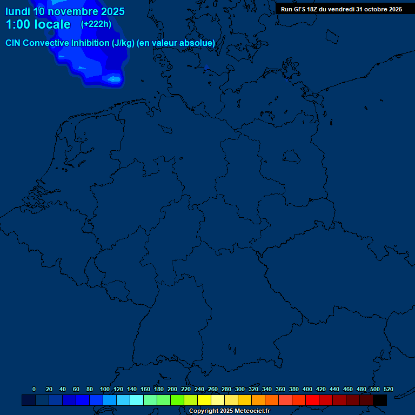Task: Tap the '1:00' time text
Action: point(19,25)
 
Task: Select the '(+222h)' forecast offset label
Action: point(96,24)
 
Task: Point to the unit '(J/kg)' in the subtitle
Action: point(123,43)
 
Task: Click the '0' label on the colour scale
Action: point(34,389)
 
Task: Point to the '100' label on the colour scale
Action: point(105,389)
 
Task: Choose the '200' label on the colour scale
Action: point(172,389)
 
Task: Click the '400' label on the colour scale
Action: point(307,389)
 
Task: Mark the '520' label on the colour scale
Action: point(388,389)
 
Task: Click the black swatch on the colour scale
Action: point(380,400)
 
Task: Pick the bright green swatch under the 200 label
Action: point(177,400)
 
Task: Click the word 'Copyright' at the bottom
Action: point(204,411)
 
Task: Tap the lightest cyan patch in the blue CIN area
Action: point(114,79)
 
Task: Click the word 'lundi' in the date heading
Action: point(18,11)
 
